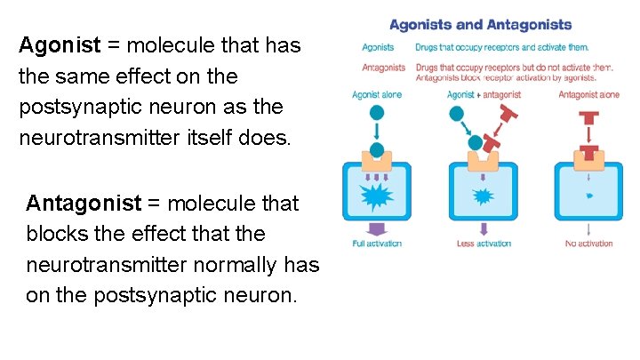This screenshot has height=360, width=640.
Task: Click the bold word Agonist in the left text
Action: click(x=57, y=45)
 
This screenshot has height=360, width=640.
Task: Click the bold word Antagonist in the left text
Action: click(x=84, y=204)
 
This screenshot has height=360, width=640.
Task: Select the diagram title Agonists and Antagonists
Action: click(x=481, y=25)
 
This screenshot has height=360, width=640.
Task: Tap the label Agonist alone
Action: click(x=377, y=93)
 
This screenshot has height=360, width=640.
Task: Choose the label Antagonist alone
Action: click(x=589, y=93)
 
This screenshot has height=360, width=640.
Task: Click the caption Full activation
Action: click(x=377, y=244)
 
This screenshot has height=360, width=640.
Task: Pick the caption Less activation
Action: click(x=483, y=244)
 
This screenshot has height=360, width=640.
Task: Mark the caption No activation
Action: click(x=589, y=244)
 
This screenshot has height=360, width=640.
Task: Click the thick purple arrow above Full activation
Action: click(x=377, y=228)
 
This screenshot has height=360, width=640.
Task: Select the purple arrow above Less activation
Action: click(x=483, y=228)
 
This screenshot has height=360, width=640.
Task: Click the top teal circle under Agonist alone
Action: click(x=377, y=113)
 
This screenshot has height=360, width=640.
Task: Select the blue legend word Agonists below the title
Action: click(x=379, y=47)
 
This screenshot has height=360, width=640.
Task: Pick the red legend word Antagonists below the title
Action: click(x=384, y=67)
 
